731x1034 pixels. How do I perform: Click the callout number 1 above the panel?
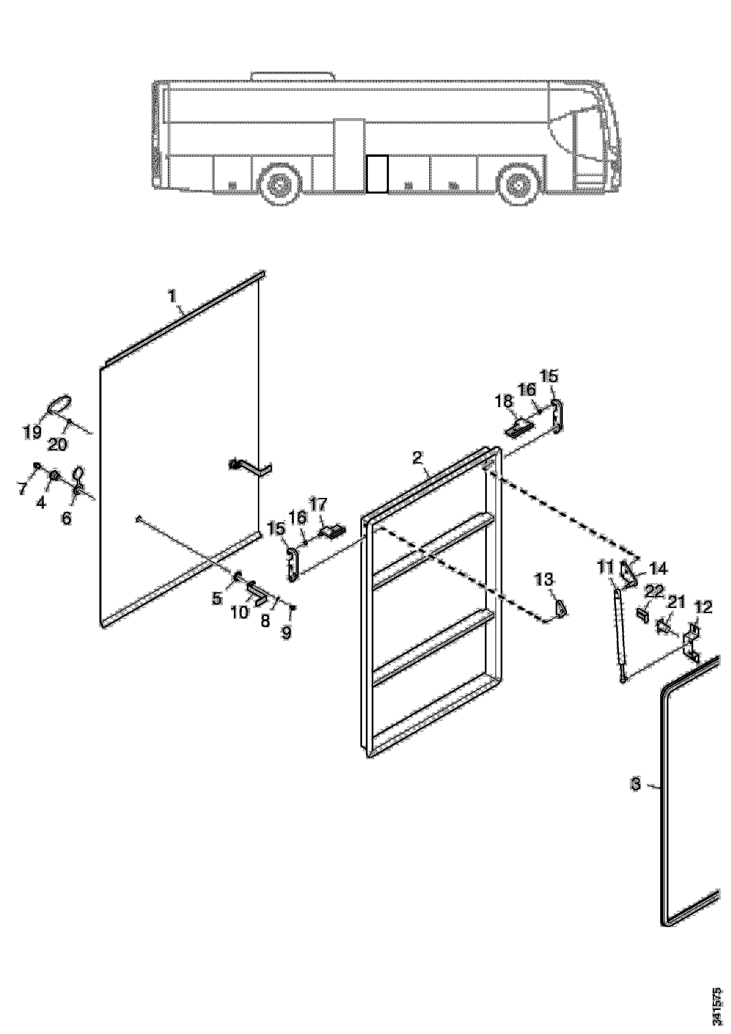pos(172,296)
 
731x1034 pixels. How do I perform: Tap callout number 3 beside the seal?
pos(635,784)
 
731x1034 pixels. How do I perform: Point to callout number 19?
pos(32,432)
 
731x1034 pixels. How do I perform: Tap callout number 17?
pos(318,504)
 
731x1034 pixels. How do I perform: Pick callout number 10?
pos(240,612)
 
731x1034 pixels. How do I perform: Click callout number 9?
pos(286,633)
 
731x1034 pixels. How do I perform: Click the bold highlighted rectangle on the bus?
pos(377,174)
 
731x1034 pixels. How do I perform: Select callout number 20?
pos(58,445)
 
